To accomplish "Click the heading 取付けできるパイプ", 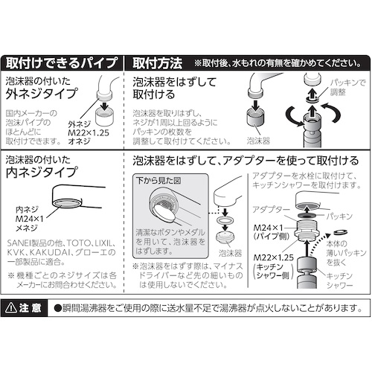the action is [61, 63].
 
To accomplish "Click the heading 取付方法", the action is [157, 63].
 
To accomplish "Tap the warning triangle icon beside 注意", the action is [11, 309].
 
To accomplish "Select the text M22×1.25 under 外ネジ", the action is [89, 133].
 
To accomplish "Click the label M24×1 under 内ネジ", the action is [29, 219].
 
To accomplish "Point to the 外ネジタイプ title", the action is [41, 93].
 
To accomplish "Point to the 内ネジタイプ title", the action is [41, 172].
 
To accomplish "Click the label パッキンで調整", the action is [348, 88].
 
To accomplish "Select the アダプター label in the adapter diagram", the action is [271, 210].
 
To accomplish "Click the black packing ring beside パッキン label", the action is [307, 214].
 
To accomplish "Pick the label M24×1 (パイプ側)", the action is [272, 232].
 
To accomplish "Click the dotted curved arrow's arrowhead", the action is [328, 236].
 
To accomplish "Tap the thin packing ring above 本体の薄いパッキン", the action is [341, 232].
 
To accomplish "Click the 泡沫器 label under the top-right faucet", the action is [258, 141].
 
